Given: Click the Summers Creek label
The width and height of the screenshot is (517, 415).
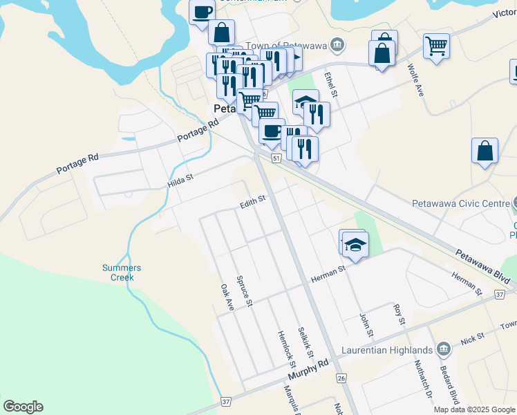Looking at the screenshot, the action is coord(122,273).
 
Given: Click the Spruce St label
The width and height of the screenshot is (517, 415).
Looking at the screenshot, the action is coord(245,290).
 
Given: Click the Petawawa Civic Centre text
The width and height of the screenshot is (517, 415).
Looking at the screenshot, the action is coord(460,204).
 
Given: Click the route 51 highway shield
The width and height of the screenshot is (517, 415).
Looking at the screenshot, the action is coord(276,159).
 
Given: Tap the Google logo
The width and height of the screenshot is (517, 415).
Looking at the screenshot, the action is coord(23,407).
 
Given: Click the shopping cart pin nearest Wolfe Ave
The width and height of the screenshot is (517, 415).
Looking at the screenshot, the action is coord(436,46).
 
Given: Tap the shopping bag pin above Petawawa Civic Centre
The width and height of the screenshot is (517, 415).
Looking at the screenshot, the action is coord(485,151).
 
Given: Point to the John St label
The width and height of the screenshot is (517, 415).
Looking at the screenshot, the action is coord(366,326).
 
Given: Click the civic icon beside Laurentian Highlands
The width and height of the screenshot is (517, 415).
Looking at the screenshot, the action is coord(445,350).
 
